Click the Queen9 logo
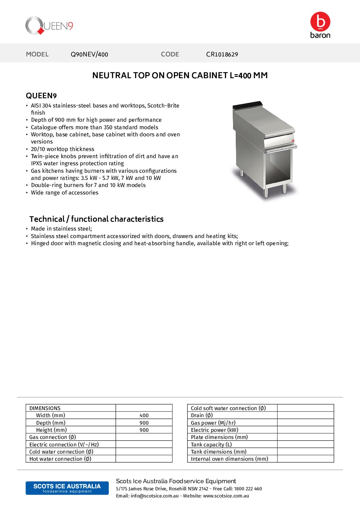pos(49,26)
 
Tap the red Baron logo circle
pos(320,22)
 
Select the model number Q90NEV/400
pos(89,54)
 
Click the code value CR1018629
pos(222,54)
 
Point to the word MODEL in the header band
pos(37,54)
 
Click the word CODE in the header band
pos(170,54)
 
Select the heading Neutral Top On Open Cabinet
pos(180,75)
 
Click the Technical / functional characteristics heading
pos(96,219)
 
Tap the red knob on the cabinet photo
pos(293,140)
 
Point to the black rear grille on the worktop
pos(248,105)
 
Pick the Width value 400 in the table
pos(144,415)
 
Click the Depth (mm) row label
pos(51,423)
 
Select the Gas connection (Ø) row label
pos(52,437)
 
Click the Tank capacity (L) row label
pos(211,445)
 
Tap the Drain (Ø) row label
pos(202,415)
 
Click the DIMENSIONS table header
pos(45,408)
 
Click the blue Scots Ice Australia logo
pos(67,488)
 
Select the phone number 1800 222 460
pos(248,489)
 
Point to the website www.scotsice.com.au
pos(226,496)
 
